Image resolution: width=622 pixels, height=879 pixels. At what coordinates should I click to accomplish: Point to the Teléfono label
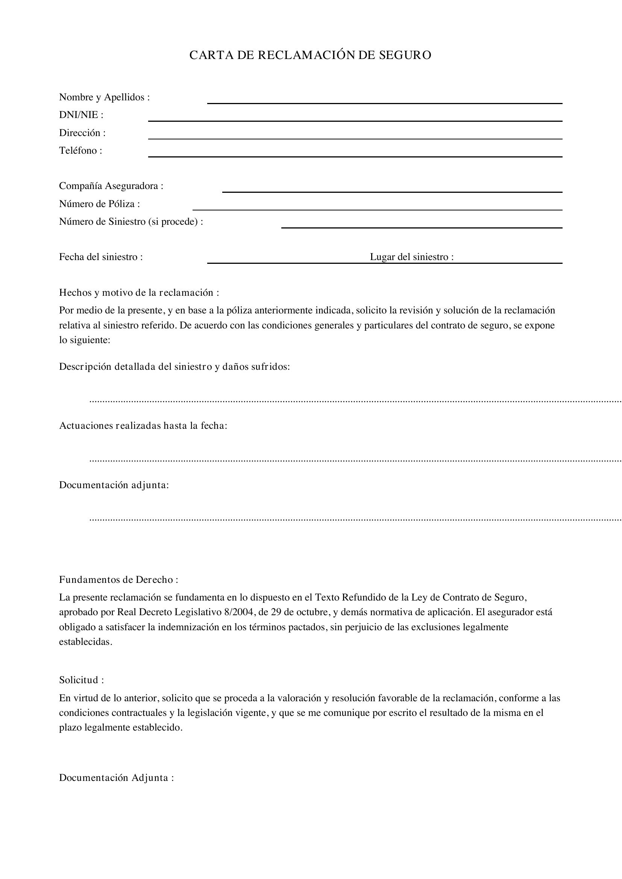[80, 150]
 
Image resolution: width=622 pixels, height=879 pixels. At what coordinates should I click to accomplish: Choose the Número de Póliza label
[99, 204]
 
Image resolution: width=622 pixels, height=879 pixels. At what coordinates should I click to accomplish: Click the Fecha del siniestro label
[101, 257]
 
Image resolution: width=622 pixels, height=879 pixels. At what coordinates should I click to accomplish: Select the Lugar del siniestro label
[412, 257]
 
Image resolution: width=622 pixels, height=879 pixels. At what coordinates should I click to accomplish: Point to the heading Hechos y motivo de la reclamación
[139, 292]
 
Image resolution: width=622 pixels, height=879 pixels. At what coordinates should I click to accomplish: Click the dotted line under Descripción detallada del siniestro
[355, 402]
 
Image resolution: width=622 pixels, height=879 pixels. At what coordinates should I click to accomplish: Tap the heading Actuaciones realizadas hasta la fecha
[143, 426]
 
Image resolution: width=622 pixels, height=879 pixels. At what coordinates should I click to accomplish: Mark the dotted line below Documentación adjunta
[355, 520]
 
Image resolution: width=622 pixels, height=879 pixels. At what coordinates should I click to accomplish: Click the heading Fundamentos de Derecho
[118, 579]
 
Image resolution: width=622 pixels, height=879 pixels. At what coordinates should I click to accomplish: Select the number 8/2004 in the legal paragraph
[239, 612]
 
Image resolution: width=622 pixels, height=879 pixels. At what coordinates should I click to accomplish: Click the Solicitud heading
[81, 680]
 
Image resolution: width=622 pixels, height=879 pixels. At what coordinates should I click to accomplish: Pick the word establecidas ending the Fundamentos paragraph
[86, 642]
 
